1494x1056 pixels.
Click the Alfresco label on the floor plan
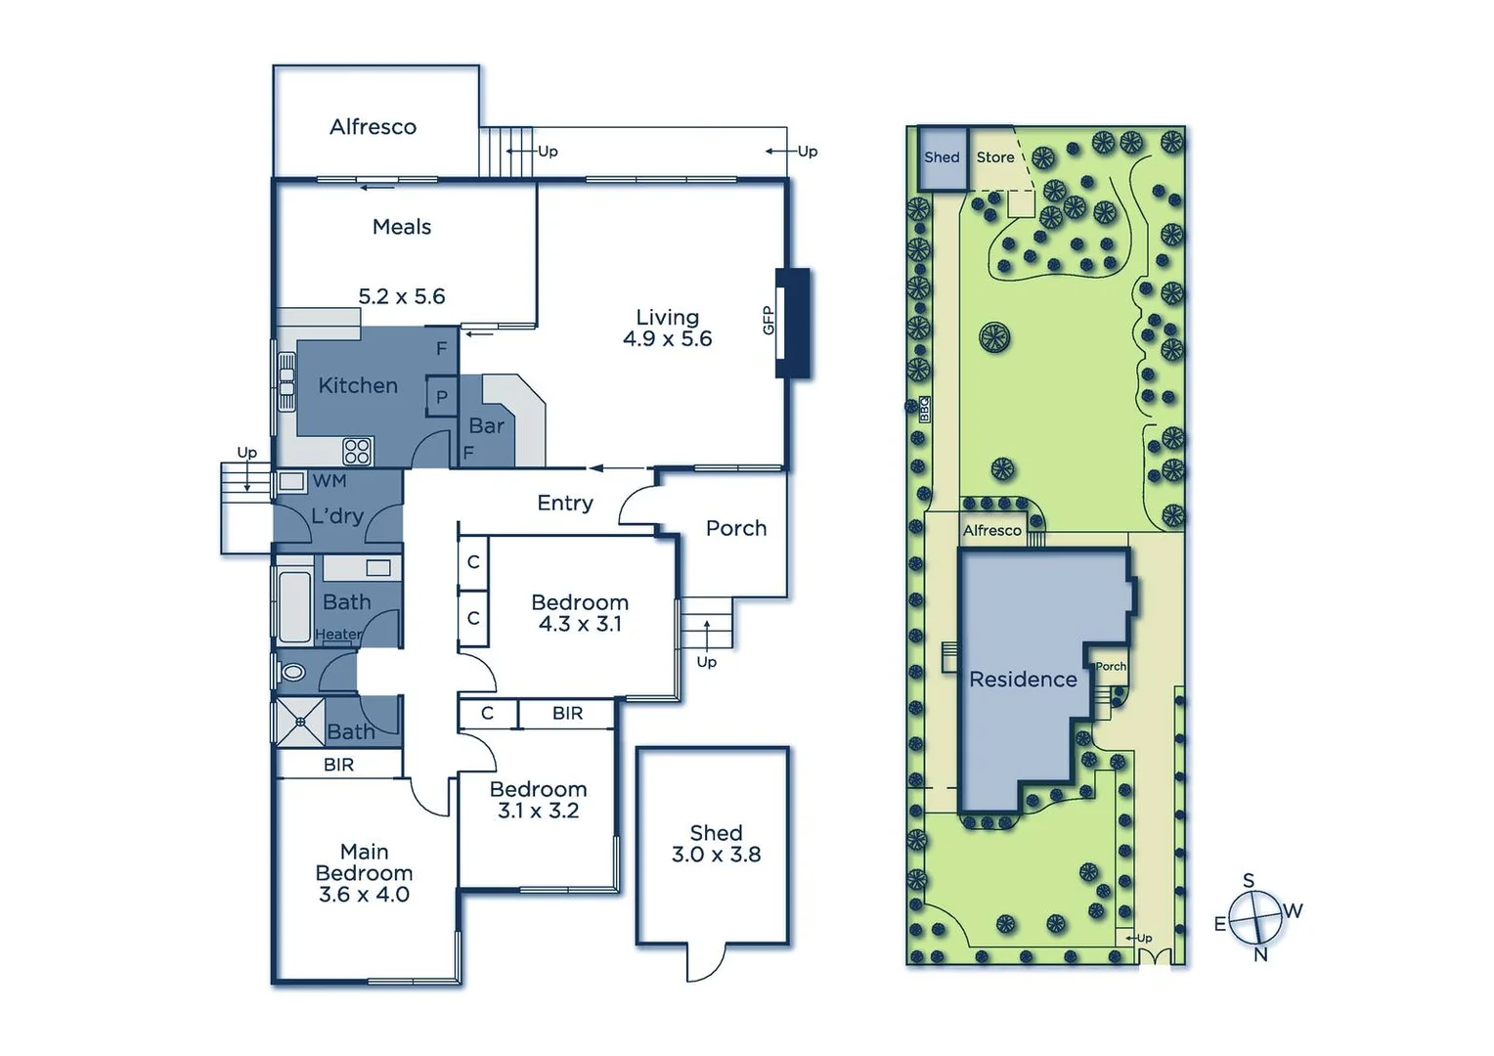coord(373,127)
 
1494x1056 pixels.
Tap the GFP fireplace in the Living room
coord(792,322)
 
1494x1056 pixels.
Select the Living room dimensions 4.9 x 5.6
coord(667,339)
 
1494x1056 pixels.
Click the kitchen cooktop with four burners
coord(357,451)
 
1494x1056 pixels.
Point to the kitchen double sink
coord(286,382)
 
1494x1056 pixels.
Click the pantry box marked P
coord(442,397)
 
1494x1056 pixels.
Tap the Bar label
coord(486,425)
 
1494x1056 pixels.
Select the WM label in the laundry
coord(330,481)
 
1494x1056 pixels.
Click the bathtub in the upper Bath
coord(293,607)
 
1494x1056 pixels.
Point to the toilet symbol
coord(291,673)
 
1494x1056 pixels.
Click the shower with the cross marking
coord(300,723)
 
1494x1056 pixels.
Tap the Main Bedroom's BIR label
coord(338,765)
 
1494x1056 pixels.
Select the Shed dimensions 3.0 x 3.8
coord(716,855)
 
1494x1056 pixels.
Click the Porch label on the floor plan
coord(735,528)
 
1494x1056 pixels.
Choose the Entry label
coord(564,503)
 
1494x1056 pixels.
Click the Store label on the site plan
coord(994,157)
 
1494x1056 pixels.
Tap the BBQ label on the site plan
coord(924,409)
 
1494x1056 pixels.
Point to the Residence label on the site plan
coord(1023,680)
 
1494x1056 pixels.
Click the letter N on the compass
coord(1260,954)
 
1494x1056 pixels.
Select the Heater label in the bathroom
coord(338,635)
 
